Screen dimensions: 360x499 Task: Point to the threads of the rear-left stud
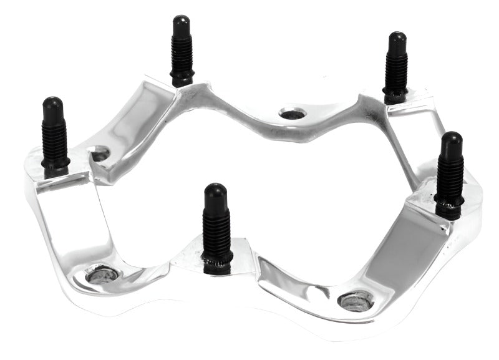click(182, 53)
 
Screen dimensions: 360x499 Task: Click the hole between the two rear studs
click(292, 114)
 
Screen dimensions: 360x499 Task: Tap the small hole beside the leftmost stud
click(100, 153)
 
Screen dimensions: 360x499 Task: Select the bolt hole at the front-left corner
click(102, 273)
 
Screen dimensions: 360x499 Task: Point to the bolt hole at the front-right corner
click(356, 299)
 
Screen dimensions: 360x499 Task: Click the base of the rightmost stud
click(448, 209)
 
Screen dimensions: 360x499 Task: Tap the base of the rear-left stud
click(182, 79)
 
